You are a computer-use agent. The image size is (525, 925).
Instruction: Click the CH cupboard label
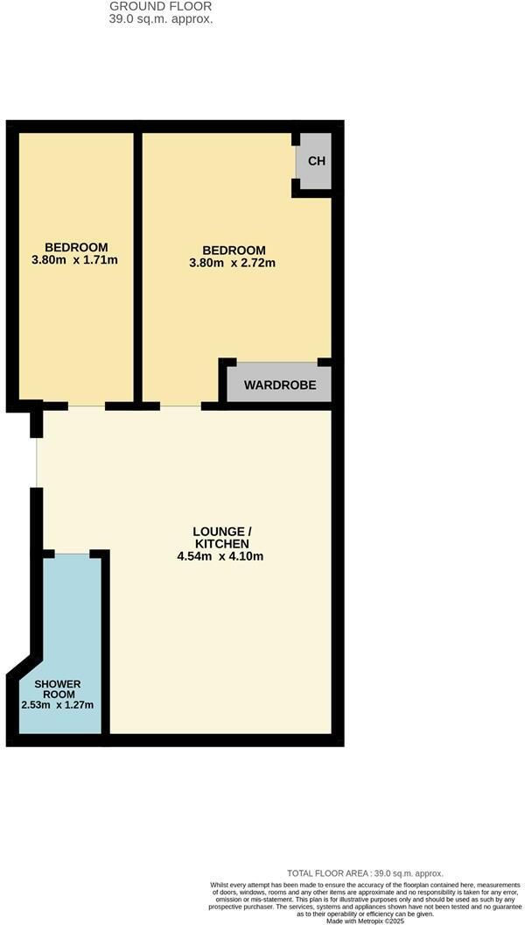pos(317,161)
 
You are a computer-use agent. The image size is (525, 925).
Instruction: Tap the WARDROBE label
pos(280,385)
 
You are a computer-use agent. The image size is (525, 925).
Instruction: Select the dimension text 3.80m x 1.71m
pos(75,259)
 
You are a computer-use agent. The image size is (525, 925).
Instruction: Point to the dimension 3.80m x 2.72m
pos(232,263)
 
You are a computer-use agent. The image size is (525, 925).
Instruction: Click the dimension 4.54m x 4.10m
pos(220,555)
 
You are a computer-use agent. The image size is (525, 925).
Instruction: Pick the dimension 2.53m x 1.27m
pos(58,704)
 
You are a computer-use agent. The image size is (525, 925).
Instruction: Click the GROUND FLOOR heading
pos(161,6)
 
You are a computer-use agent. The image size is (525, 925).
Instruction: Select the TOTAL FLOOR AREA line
pos(365,873)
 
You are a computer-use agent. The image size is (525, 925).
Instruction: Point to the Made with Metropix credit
pos(366,921)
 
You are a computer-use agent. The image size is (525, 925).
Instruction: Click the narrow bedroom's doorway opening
pos(87,406)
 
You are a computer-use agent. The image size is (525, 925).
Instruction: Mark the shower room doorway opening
pos(72,554)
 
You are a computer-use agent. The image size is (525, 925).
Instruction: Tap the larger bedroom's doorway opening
pos(180,406)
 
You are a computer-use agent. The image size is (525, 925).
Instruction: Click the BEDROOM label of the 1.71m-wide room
pos(77,247)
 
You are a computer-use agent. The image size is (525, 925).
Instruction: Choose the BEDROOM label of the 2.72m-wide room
pos(234,251)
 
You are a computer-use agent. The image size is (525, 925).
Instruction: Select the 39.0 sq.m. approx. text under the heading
pos(162,19)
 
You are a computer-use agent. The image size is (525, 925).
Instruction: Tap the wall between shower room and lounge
pos(106,644)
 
